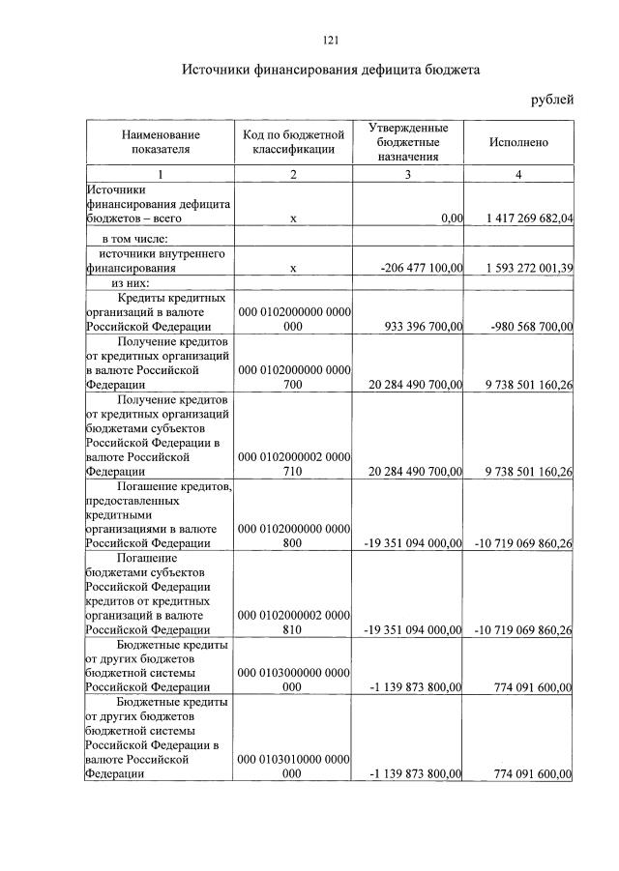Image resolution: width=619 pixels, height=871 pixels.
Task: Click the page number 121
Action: [330, 40]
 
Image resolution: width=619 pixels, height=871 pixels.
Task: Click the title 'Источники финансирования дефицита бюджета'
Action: [331, 71]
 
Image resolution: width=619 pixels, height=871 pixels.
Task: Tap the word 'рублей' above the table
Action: [552, 100]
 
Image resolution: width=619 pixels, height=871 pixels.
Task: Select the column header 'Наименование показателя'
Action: [160, 142]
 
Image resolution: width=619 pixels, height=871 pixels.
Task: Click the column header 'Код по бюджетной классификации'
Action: [293, 142]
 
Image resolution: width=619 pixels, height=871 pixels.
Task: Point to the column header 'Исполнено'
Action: [518, 142]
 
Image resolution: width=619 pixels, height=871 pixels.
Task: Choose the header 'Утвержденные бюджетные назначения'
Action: [407, 142]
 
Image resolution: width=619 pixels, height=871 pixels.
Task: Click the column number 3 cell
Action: [407, 175]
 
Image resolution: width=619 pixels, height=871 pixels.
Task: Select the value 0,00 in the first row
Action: [452, 219]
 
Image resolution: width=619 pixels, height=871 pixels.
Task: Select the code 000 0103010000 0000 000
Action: [293, 767]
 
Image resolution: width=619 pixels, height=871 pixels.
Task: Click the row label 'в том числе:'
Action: [135, 238]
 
